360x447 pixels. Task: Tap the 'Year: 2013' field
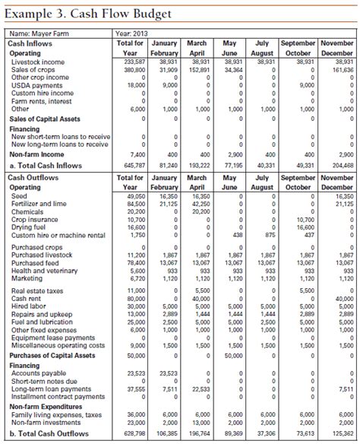tap(134, 33)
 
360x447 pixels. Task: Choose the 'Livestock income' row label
tap(38, 62)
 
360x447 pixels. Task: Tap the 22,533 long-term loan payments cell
tap(198, 389)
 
